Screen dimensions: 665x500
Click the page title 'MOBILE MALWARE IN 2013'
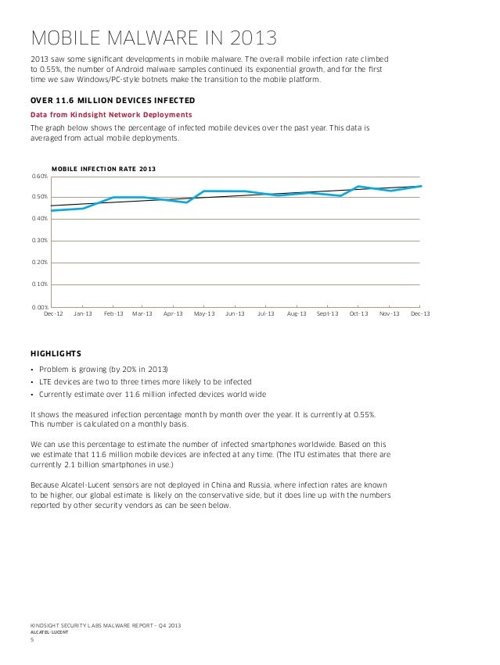coord(153,38)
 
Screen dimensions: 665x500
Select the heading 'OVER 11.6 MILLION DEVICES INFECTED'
coord(112,102)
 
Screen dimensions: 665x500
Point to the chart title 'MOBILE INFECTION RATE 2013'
coord(103,170)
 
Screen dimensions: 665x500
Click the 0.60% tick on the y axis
coord(39,177)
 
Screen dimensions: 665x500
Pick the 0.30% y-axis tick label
coord(39,241)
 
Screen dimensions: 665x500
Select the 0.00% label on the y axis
coord(39,307)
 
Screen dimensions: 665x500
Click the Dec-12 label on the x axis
coord(53,314)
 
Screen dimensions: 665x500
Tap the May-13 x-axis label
coord(204,314)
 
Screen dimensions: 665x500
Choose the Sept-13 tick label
coord(327,314)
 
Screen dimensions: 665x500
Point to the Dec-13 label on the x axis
coord(420,314)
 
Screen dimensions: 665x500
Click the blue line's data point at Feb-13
coord(113,198)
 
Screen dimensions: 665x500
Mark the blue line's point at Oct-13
coord(358,187)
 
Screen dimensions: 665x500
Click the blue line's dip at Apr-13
coord(187,202)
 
